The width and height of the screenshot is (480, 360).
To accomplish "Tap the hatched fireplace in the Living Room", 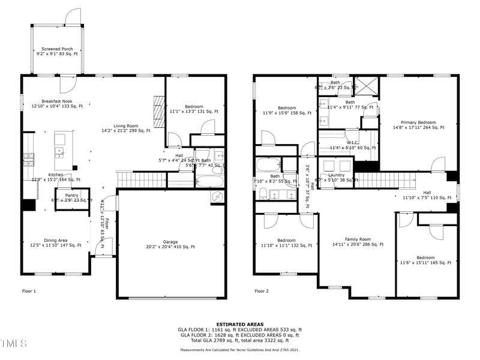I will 158,111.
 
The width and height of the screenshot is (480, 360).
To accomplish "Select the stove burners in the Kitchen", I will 28,158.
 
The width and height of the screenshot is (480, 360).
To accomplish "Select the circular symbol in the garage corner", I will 217,197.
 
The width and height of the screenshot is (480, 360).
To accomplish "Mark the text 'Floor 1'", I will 29,291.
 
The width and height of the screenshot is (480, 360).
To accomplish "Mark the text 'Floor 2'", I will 262,291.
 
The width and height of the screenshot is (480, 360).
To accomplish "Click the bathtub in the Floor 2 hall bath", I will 268,166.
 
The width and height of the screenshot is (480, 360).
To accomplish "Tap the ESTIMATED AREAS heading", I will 239,324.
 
